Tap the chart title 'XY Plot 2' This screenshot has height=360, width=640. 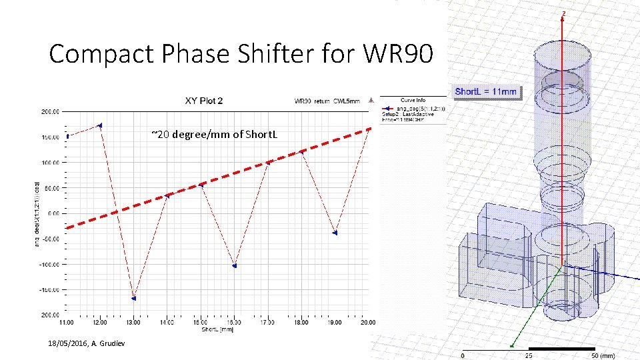pos(203,101)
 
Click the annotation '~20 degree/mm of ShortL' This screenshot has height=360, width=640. pos(214,135)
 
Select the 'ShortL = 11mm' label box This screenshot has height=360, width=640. pos(485,91)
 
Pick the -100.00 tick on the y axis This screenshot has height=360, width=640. pos(49,265)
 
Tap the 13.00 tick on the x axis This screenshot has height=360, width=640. pos(133,322)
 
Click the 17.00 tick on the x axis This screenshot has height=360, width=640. pos(267,322)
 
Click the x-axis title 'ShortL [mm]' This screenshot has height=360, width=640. pos(217,329)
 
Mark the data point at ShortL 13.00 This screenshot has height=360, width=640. pos(134,298)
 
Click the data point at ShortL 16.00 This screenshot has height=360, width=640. pos(235,265)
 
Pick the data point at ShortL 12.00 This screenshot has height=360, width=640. pos(100,125)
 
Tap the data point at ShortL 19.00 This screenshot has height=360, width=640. pos(335,233)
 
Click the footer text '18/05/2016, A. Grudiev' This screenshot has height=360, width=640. pos(80,343)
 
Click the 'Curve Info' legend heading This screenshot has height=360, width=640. pos(413,101)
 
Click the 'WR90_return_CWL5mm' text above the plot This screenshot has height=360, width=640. pos(327,101)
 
